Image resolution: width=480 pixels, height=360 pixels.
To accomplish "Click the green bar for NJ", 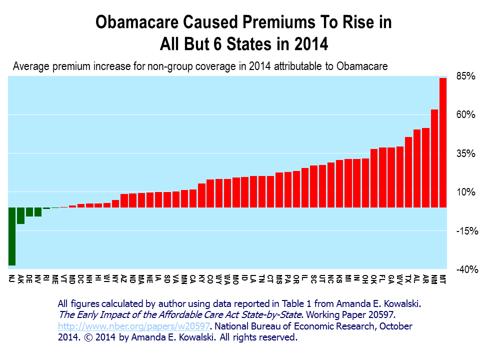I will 11,236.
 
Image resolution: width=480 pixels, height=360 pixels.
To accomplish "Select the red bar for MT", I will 442,142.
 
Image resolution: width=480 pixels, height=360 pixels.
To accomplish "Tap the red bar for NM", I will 434,158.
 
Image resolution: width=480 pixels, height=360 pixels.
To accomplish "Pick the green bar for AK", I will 20,215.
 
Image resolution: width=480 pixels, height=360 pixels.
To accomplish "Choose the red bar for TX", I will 408,171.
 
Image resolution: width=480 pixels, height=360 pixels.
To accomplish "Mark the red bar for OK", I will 373,177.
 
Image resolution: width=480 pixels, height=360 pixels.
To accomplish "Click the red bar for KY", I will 201,195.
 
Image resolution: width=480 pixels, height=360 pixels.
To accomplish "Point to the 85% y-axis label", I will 465,76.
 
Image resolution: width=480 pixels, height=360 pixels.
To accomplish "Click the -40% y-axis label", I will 467,269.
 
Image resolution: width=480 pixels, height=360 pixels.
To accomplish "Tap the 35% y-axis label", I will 465,153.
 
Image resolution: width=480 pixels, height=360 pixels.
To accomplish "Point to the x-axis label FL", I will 382,278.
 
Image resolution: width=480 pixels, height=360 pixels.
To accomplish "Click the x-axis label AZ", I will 124,279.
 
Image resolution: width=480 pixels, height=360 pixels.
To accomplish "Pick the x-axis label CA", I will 192,279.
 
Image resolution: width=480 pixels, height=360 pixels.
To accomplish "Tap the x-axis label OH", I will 365,279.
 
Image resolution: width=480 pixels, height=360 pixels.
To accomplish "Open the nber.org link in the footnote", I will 136,326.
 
